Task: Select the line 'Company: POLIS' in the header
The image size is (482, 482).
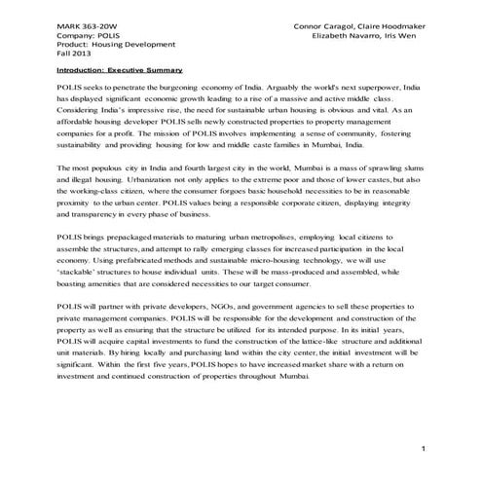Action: tap(88, 33)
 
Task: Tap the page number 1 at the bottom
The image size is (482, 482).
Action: tap(426, 447)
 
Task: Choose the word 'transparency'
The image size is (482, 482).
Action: tap(95, 216)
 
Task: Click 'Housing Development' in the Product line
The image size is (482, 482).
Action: tap(131, 44)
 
